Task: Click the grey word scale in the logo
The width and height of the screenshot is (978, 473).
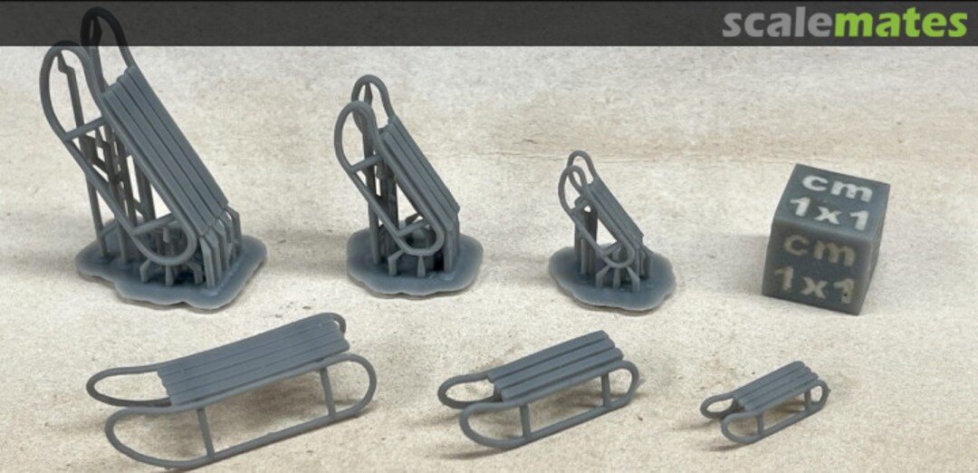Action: [778, 24]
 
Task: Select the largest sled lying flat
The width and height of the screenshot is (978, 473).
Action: [232, 390]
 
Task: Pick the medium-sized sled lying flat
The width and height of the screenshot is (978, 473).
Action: [538, 388]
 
